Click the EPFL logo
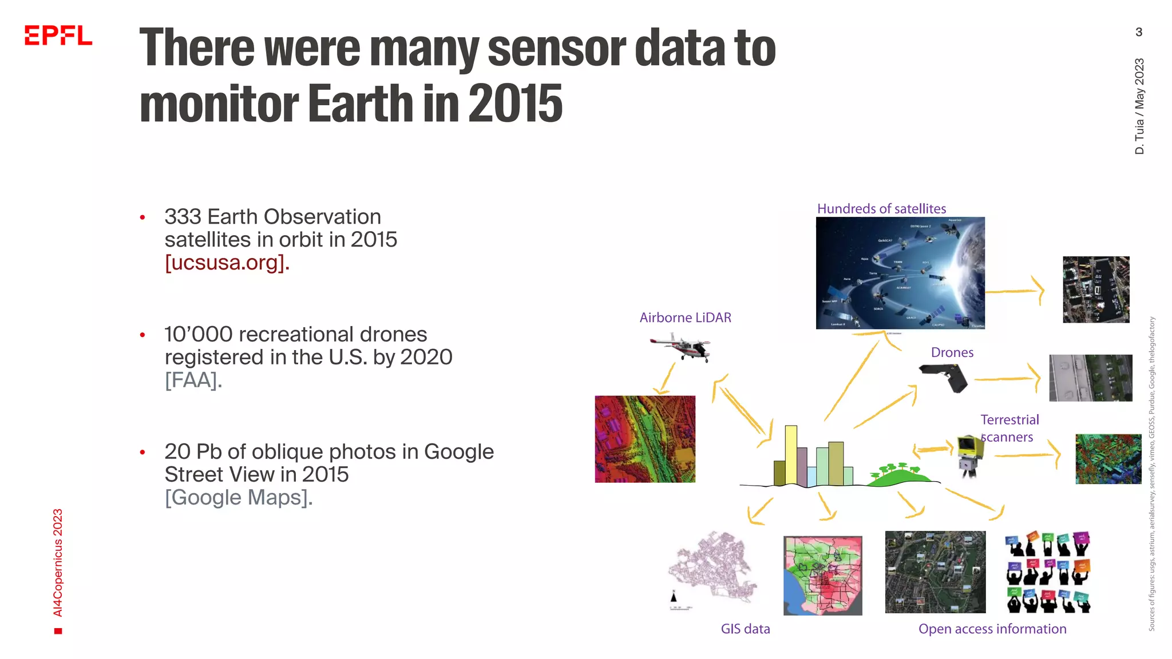pos(58,35)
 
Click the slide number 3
pos(1139,32)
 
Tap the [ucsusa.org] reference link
pos(227,263)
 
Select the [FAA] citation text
pos(193,380)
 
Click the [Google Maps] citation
pos(238,497)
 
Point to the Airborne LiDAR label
pos(685,317)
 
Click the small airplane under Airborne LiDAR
pos(681,347)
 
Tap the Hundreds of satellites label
pos(881,209)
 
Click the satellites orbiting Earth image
pos(900,273)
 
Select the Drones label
pos(952,352)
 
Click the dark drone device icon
pos(945,378)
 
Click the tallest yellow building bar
pos(791,455)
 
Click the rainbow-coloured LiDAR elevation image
pos(645,439)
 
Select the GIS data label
pos(745,629)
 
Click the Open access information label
pos(992,629)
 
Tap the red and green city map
pos(822,575)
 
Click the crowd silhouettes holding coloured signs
pos(1048,572)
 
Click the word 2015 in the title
pos(515,104)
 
